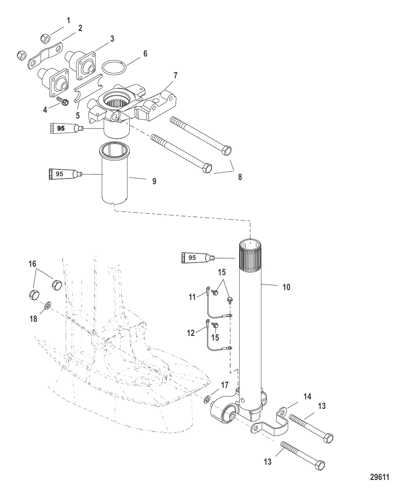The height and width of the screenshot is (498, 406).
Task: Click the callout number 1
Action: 68,20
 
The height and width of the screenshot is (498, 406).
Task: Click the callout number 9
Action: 154,181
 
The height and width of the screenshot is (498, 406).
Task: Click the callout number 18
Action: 34,318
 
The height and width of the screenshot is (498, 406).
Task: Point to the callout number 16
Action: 33,264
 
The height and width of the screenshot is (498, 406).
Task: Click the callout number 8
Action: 240,177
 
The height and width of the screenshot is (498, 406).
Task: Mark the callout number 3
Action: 112,39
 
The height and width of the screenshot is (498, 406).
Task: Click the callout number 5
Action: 78,115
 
